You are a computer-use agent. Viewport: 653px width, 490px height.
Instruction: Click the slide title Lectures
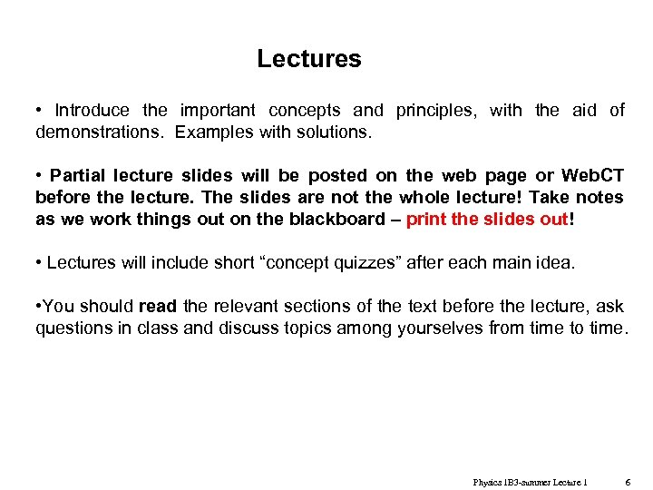(308, 59)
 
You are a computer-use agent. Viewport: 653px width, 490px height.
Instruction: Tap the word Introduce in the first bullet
(92, 111)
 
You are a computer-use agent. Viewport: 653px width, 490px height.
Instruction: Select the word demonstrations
(101, 132)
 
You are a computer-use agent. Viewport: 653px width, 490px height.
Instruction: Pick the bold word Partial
(82, 176)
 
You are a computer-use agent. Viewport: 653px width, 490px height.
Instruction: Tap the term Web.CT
(592, 176)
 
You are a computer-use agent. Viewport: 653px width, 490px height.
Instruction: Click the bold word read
(157, 307)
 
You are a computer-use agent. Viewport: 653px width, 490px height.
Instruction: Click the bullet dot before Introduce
(39, 111)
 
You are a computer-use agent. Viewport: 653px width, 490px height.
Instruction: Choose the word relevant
(247, 307)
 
